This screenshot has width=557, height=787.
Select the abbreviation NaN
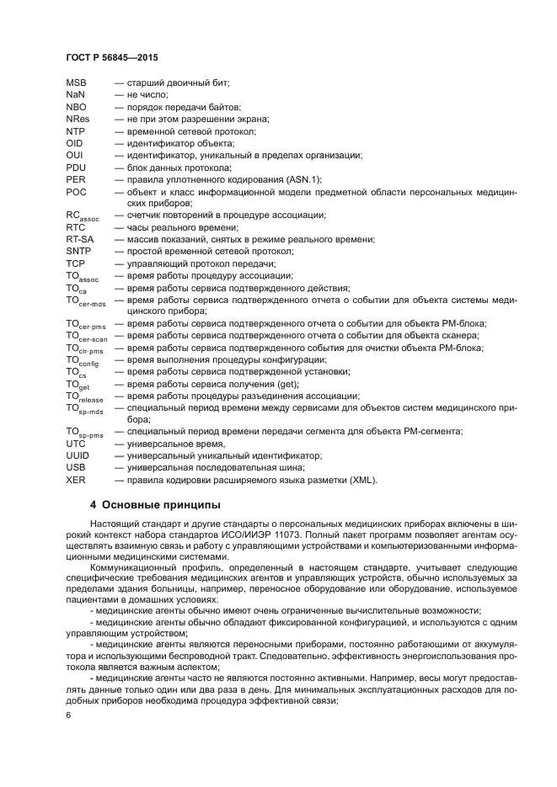(75, 95)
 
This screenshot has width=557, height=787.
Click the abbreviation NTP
(75, 131)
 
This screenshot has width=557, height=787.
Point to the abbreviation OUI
(74, 156)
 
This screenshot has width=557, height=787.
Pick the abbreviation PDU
(75, 168)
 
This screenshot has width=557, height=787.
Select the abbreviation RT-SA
(79, 240)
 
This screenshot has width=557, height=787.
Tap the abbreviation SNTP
(78, 252)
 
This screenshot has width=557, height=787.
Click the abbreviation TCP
(75, 263)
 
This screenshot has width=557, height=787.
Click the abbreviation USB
(75, 467)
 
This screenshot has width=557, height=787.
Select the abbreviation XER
(75, 480)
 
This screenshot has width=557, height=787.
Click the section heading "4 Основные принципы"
(155, 505)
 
